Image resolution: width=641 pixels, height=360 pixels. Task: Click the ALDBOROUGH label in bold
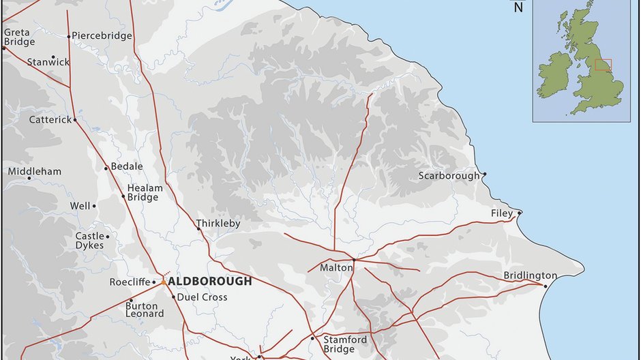click(x=210, y=281)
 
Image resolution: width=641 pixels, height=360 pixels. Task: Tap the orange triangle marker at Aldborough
click(x=164, y=281)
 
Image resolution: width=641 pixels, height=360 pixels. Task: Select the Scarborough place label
click(x=449, y=176)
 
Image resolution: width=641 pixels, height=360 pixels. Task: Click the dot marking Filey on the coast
click(x=520, y=213)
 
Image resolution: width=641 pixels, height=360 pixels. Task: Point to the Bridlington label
click(x=530, y=275)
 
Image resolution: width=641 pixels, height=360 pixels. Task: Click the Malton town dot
click(x=355, y=259)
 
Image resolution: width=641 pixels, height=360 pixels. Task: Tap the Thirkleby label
click(x=218, y=223)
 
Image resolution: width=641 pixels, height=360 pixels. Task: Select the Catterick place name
click(x=50, y=119)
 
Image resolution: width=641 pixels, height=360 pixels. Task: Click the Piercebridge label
click(x=102, y=36)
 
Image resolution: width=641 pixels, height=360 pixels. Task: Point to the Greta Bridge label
click(x=19, y=37)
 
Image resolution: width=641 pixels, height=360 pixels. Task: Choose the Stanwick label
click(x=48, y=62)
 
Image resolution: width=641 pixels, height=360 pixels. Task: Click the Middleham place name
click(x=34, y=171)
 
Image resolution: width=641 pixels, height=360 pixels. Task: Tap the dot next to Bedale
click(x=106, y=168)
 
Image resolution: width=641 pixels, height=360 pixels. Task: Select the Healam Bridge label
click(x=145, y=193)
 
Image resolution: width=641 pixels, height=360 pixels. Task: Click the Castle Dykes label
click(x=89, y=241)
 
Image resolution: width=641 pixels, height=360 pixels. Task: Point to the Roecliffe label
click(x=129, y=282)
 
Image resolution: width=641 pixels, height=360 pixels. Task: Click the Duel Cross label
click(x=203, y=297)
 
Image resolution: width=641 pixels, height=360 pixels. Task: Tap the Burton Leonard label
click(x=145, y=310)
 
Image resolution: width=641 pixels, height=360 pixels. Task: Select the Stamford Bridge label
click(x=345, y=344)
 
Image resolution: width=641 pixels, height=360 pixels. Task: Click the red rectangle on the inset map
click(x=603, y=65)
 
